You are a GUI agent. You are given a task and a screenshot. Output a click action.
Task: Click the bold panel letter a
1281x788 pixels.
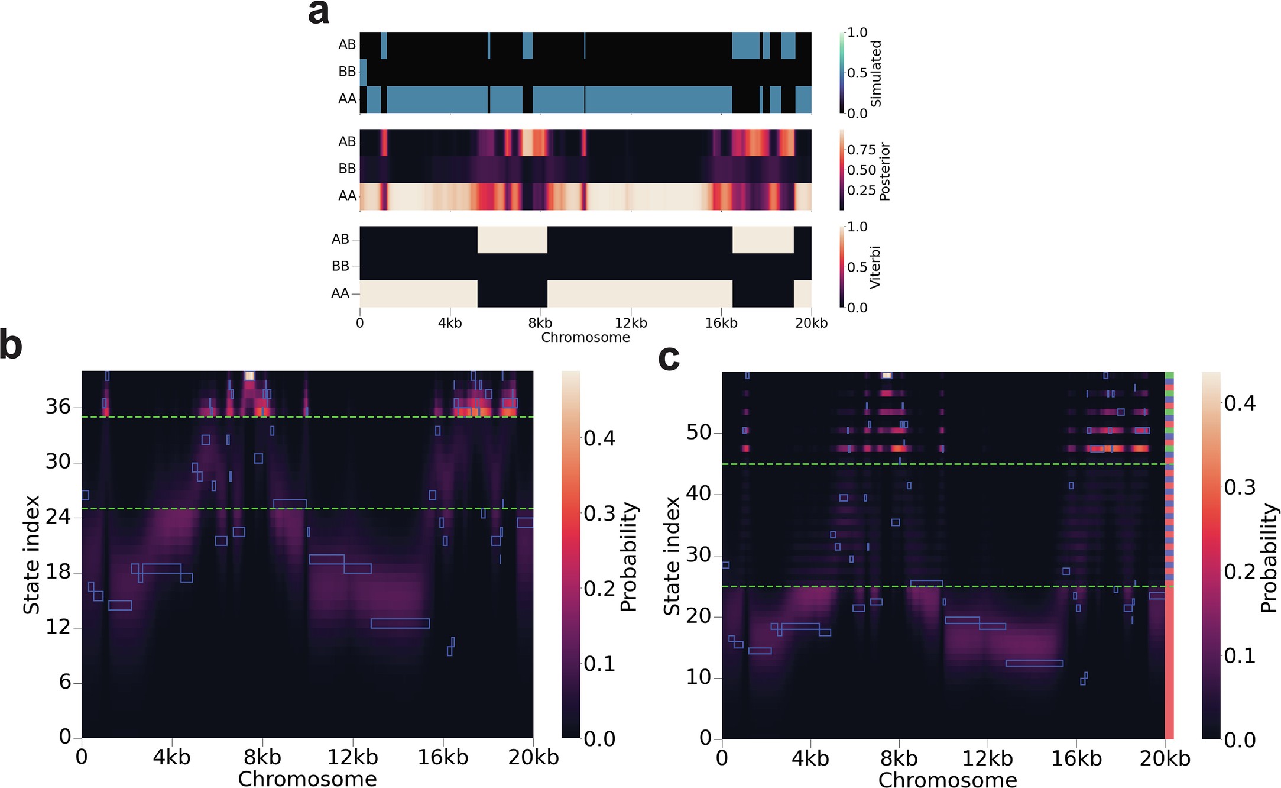click(319, 13)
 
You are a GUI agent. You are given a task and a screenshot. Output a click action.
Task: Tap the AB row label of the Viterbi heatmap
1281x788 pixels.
click(340, 240)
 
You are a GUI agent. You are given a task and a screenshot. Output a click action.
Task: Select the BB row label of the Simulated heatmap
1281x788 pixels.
click(347, 72)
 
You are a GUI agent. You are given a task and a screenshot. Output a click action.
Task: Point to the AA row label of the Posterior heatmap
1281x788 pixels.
click(347, 196)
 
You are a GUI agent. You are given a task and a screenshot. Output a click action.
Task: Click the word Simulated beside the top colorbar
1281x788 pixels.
click(876, 73)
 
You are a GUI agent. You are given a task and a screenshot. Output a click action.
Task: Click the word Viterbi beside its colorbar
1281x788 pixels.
click(875, 267)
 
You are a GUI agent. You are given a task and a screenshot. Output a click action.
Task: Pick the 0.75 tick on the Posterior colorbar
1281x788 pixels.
click(861, 150)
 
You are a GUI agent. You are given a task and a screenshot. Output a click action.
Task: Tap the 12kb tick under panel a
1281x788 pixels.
click(631, 323)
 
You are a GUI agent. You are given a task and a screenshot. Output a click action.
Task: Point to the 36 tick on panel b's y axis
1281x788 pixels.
click(58, 406)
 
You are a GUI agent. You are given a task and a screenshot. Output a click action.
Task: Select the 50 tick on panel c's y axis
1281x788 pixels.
click(698, 432)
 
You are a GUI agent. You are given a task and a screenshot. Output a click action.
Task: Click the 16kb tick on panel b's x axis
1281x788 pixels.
click(443, 757)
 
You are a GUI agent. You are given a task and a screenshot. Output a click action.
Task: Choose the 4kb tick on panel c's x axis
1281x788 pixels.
click(810, 758)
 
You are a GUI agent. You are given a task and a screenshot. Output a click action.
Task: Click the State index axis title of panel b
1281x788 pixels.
click(31, 554)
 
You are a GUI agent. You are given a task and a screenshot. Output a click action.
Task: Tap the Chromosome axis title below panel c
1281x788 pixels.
click(947, 780)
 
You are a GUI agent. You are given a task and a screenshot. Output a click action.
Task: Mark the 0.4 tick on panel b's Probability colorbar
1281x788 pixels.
click(599, 438)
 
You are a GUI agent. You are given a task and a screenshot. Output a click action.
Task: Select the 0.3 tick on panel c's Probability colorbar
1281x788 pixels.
click(1240, 487)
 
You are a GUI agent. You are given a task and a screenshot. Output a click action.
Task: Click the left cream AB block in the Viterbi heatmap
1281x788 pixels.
click(512, 240)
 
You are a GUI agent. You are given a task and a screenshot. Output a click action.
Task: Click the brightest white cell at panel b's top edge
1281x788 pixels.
click(249, 376)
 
